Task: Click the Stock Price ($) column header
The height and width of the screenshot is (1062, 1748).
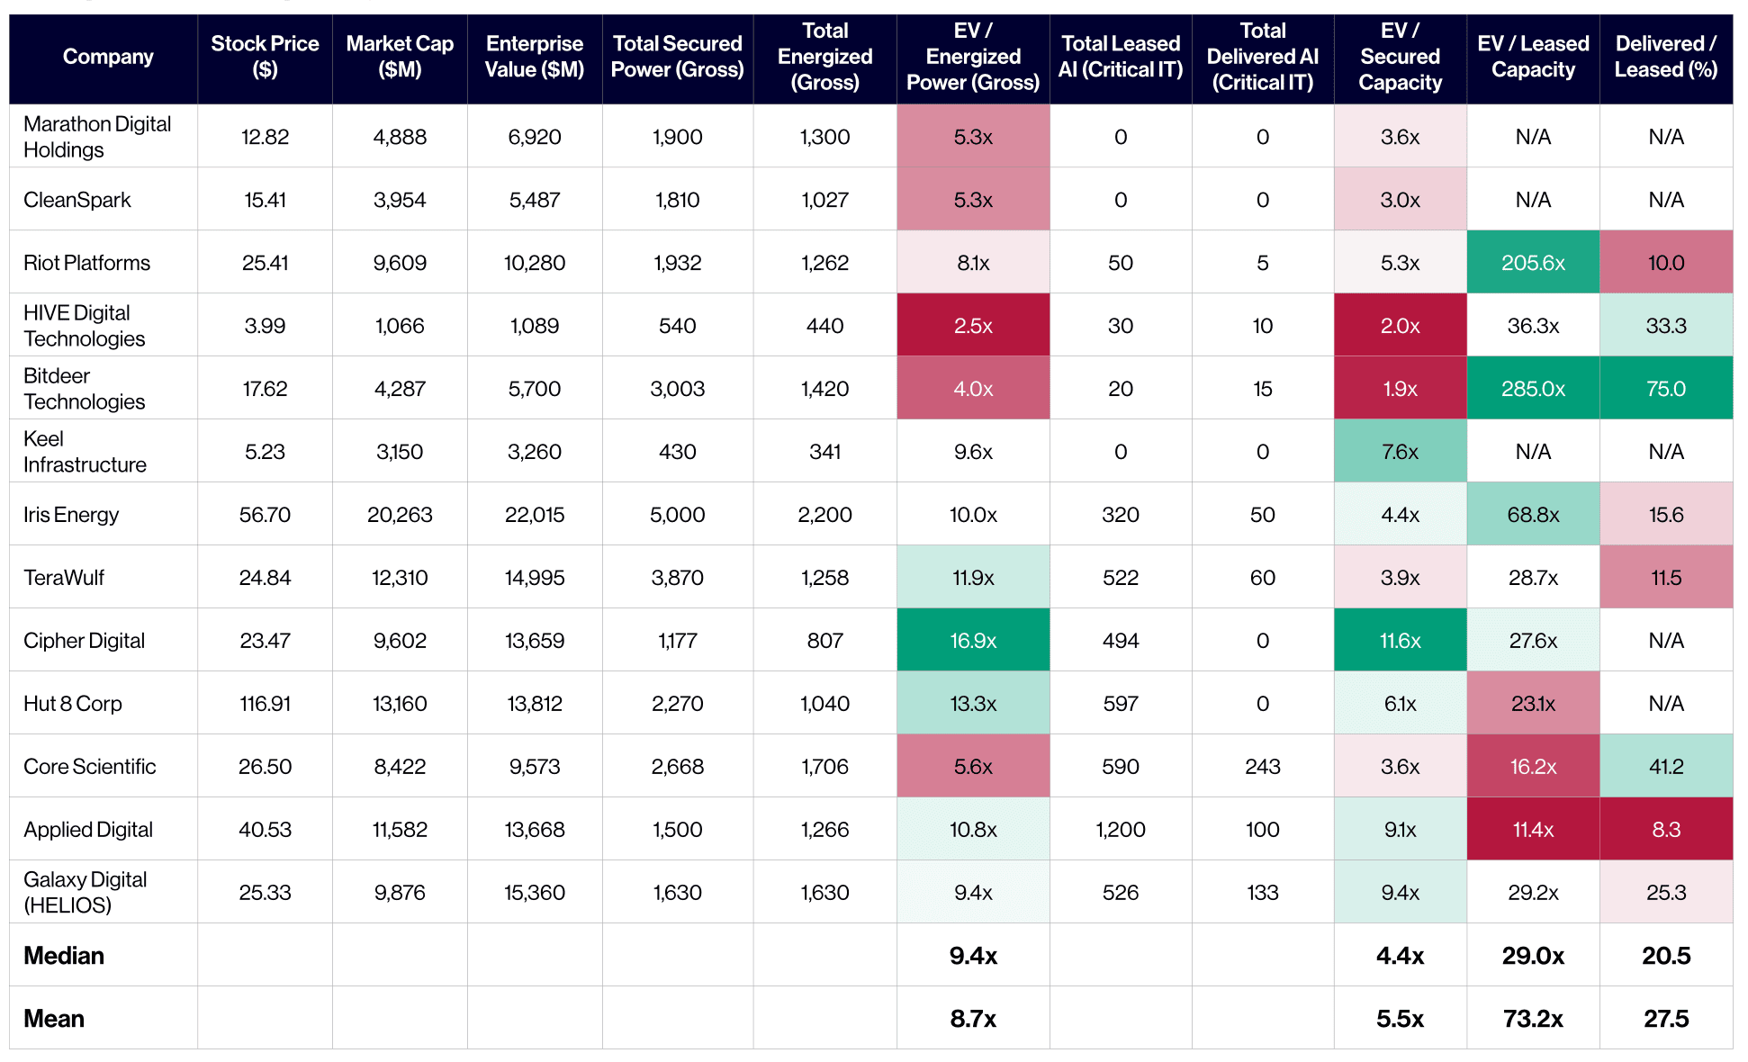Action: click(x=265, y=57)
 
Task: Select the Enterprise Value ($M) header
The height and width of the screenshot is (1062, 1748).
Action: click(x=535, y=57)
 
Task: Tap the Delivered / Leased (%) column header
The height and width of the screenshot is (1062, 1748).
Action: click(x=1666, y=57)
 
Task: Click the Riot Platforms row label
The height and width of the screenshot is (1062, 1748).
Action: click(x=87, y=263)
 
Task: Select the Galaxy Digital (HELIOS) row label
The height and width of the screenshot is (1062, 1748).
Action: click(x=86, y=892)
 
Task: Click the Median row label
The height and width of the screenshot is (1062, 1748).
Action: click(x=64, y=956)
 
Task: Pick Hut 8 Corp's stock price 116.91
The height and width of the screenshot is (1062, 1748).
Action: click(x=265, y=704)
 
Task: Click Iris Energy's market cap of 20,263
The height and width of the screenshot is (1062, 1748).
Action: click(x=400, y=515)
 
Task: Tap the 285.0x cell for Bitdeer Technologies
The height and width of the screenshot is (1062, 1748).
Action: click(x=1533, y=389)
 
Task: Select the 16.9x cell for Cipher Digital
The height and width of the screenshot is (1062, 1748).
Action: click(x=973, y=641)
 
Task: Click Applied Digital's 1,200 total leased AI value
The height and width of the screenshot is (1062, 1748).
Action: click(x=1121, y=830)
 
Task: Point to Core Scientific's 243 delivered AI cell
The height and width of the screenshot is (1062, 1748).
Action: click(x=1263, y=767)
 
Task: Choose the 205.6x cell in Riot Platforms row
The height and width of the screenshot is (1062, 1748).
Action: click(x=1533, y=263)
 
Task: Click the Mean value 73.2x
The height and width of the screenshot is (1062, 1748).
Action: click(x=1533, y=1019)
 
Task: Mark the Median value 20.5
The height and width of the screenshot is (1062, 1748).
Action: click(x=1666, y=956)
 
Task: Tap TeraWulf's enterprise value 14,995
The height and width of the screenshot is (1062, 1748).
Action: click(x=535, y=578)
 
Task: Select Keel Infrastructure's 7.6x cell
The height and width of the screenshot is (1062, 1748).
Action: click(x=1401, y=452)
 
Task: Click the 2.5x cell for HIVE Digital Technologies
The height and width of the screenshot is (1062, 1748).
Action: click(x=973, y=326)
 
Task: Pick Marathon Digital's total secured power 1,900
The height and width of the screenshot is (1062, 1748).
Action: click(x=678, y=137)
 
